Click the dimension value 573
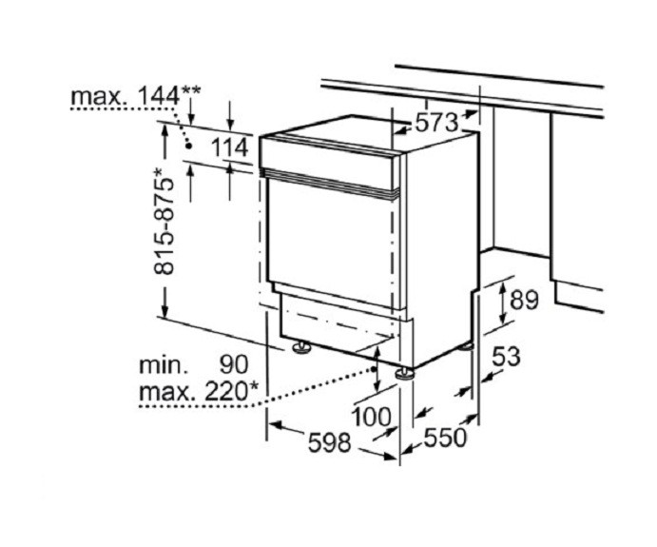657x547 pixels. [435, 123]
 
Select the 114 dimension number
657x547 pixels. [229, 147]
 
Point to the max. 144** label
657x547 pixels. [136, 96]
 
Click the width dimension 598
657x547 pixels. [329, 442]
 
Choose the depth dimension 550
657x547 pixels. [445, 439]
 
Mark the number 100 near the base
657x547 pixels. [371, 417]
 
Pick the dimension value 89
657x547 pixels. [524, 300]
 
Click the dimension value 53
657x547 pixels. [506, 357]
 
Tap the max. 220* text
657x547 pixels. [198, 392]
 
